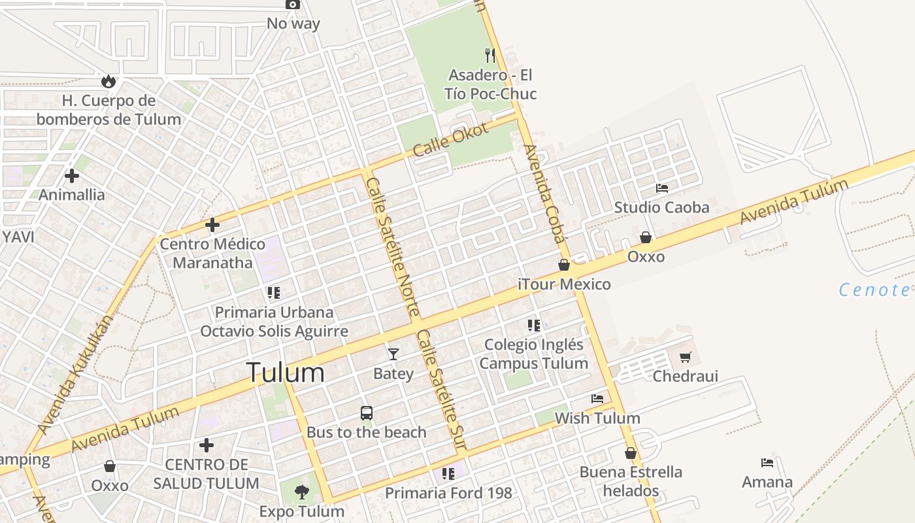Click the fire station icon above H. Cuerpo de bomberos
[108, 81]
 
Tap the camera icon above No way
[293, 5]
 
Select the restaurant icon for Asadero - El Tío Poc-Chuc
[490, 55]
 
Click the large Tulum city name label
[286, 373]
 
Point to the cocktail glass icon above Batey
[393, 354]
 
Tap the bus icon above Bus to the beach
[367, 413]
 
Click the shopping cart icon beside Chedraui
[685, 357]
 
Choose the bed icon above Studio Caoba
[662, 188]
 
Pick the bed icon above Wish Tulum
[597, 398]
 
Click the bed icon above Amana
[767, 463]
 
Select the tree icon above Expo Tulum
[301, 492]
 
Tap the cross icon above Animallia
[72, 175]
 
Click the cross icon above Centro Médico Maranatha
[212, 225]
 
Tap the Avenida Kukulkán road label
[75, 375]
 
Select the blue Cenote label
[874, 290]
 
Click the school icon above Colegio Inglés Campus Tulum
[534, 325]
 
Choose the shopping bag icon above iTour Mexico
[564, 265]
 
